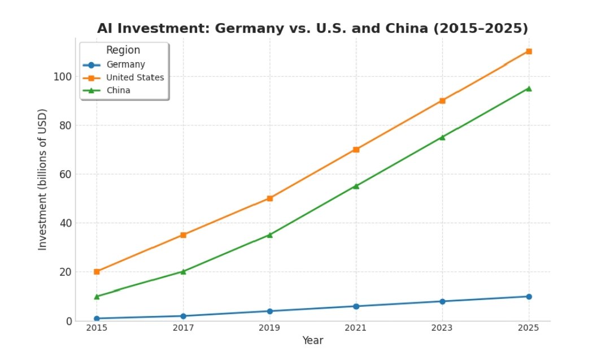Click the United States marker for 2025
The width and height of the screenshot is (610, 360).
click(529, 51)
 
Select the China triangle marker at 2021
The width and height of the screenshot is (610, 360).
click(356, 186)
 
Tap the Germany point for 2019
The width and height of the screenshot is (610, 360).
click(269, 311)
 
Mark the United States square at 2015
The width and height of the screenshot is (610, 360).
click(97, 271)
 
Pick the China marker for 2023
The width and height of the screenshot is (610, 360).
click(442, 137)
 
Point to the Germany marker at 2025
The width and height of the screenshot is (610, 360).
click(529, 296)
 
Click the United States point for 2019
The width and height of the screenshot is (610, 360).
click(269, 198)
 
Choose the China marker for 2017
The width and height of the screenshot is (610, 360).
click(183, 271)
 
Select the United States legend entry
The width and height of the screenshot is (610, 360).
click(135, 77)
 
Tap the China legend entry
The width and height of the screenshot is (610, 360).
click(118, 90)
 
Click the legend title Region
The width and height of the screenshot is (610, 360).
click(123, 50)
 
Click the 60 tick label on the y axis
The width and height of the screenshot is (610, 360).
click(66, 174)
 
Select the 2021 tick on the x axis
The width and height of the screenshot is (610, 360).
click(356, 328)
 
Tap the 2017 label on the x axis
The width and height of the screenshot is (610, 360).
click(183, 328)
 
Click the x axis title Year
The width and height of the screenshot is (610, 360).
click(312, 341)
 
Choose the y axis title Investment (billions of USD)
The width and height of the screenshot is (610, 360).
click(43, 180)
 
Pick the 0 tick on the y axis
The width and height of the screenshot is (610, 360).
click(68, 320)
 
